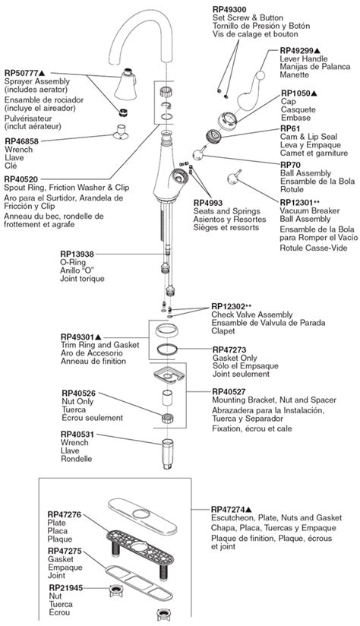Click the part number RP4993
pyautogui.click(x=210, y=202)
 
